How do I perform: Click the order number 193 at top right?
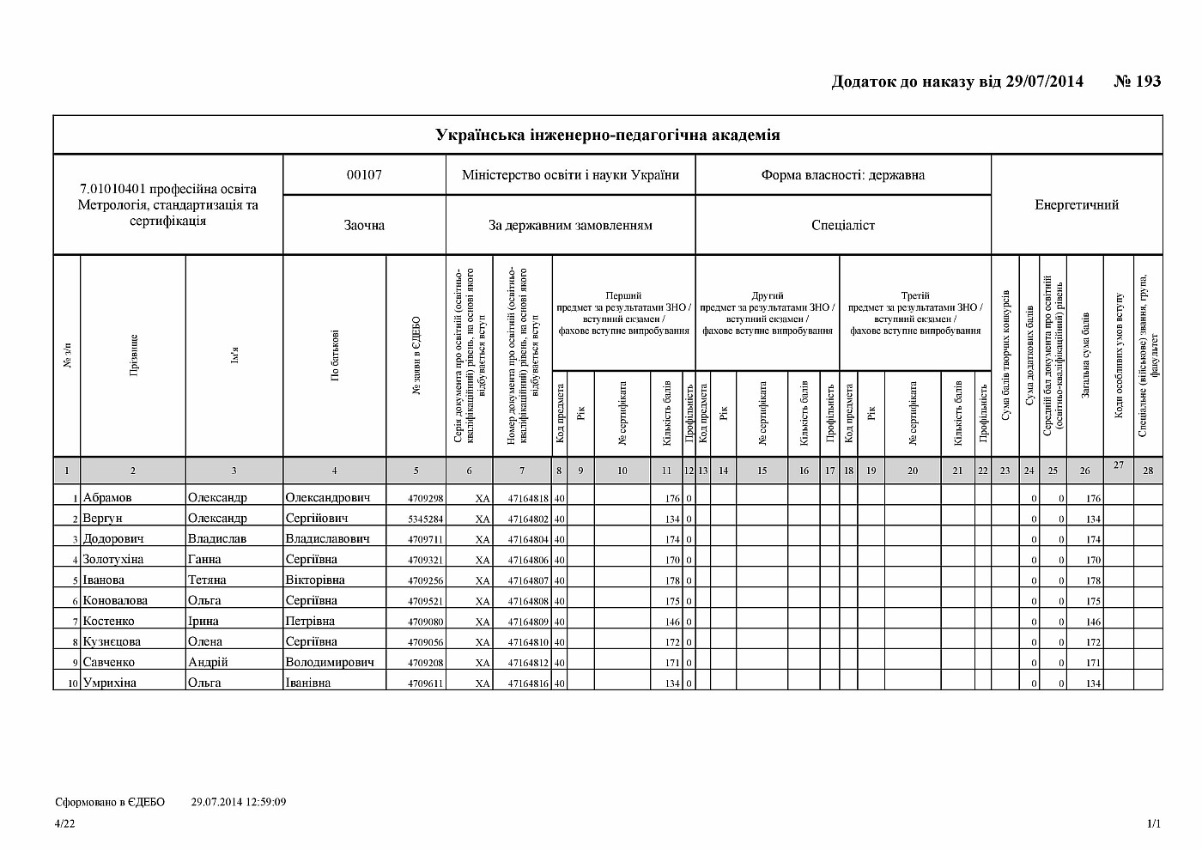point(1148,82)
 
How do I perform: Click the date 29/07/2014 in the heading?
point(1043,82)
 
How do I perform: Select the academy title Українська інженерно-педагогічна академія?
point(608,135)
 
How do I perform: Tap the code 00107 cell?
point(364,175)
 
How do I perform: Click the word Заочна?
point(364,225)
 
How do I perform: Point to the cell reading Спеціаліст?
point(843,225)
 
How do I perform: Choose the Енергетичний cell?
point(1077,204)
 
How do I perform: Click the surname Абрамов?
point(107,498)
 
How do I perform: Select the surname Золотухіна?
point(113,560)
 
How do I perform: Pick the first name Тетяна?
point(207,580)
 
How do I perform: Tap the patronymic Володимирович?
point(330,663)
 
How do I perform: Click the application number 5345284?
point(425,519)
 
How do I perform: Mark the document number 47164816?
point(528,684)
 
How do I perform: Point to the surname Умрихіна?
point(110,683)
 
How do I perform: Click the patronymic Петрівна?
point(310,622)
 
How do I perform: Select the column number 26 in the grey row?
point(1085,471)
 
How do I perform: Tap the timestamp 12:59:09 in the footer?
point(262,802)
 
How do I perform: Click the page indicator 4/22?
point(64,824)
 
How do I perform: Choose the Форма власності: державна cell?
point(843,175)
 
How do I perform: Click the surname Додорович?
point(113,539)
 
